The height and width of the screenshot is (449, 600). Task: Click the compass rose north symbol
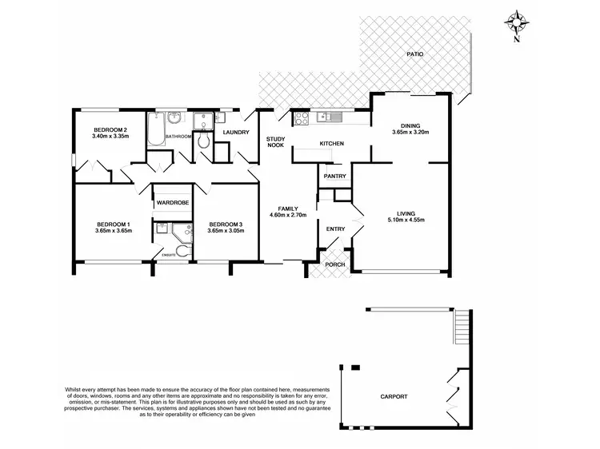[x=518, y=22]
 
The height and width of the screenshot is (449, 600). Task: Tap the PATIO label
[x=414, y=54]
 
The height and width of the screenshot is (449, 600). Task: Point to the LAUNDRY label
[x=236, y=133]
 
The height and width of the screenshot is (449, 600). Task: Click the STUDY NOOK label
[x=276, y=142]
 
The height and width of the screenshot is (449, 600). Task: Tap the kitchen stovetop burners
[x=302, y=118]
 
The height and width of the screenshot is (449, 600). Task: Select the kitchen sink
[x=330, y=118]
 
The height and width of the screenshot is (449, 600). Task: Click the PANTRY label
[x=334, y=176]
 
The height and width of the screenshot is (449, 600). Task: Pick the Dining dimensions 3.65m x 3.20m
[x=410, y=132]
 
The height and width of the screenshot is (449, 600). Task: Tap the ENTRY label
[x=336, y=229]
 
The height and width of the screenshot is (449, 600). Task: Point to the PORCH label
[x=334, y=264]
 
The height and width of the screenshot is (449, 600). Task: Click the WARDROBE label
[x=172, y=203]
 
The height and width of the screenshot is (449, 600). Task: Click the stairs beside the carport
[x=462, y=326]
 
